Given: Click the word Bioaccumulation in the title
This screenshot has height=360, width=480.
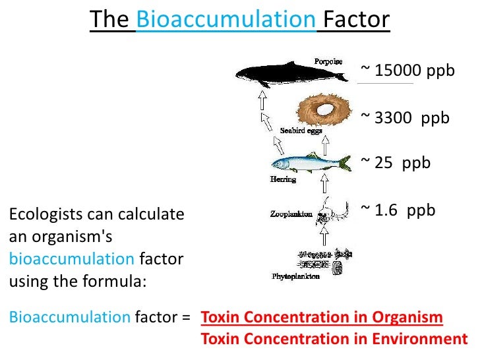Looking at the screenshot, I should [x=225, y=20].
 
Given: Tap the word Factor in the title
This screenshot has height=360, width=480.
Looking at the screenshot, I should [x=357, y=20].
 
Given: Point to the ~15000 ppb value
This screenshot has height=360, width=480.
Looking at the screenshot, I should [x=407, y=71].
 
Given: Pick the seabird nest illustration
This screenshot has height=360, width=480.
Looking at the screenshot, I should [x=323, y=109].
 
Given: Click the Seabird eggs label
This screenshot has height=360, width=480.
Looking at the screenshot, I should [x=301, y=131].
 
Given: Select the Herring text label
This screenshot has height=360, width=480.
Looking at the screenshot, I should [x=284, y=179].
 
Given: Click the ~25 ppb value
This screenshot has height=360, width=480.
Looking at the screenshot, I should [x=396, y=162].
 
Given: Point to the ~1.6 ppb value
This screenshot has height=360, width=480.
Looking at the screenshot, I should [x=398, y=210].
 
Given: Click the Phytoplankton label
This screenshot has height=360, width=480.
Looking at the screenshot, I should [x=296, y=276].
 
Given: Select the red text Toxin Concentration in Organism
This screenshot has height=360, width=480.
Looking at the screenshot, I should [x=322, y=318].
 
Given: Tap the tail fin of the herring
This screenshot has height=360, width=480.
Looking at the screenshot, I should [x=345, y=160].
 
